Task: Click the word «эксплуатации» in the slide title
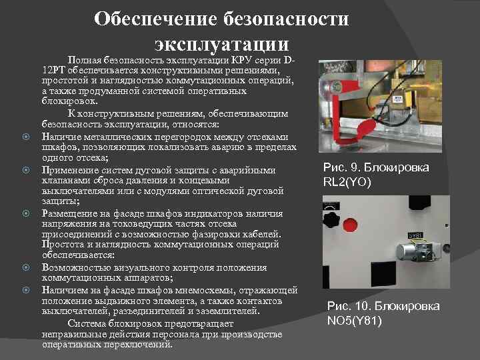pyautogui.click(x=222, y=45)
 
